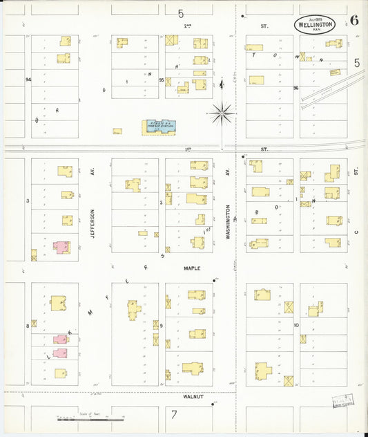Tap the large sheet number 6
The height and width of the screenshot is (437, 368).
pyautogui.click(x=354, y=20)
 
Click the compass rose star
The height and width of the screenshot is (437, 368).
pyautogui.click(x=222, y=113)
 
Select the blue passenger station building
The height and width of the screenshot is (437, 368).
pyautogui.click(x=159, y=127)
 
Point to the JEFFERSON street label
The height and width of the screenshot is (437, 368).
pyautogui.click(x=91, y=223)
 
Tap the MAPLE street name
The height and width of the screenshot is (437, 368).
pyautogui.click(x=191, y=268)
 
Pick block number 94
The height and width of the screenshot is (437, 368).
pyautogui.click(x=28, y=80)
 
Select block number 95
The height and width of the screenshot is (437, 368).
pyautogui.click(x=161, y=80)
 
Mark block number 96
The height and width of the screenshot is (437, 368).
pyautogui.click(x=295, y=88)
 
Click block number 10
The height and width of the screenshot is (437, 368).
pyautogui.click(x=296, y=325)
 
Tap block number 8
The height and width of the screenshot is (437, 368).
pyautogui.click(x=28, y=324)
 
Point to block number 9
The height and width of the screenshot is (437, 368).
pyautogui.click(x=161, y=325)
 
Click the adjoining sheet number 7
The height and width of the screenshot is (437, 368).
pyautogui.click(x=175, y=415)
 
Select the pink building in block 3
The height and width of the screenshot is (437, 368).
pyautogui.click(x=61, y=247)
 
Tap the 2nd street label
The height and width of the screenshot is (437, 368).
pyautogui.click(x=186, y=26)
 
